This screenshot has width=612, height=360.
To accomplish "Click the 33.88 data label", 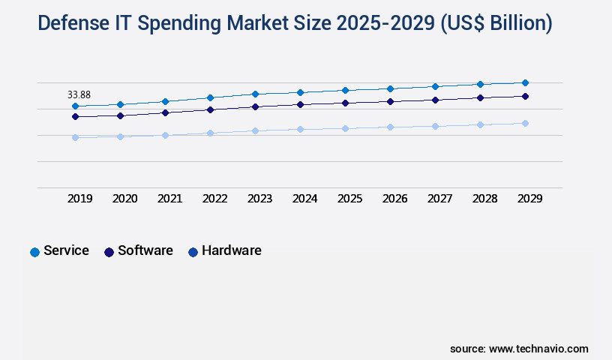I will (79, 94).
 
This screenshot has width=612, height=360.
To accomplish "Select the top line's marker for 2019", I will (75, 106).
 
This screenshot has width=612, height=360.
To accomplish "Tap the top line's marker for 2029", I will (525, 82).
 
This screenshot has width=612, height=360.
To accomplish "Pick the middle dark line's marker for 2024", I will (300, 104).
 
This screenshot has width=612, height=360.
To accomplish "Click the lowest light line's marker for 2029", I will (525, 123).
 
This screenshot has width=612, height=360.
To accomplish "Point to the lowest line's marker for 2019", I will (75, 137).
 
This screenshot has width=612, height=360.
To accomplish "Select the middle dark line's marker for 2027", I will (435, 100).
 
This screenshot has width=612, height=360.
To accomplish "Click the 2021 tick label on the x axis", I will (169, 199).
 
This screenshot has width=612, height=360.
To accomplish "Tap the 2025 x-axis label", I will (349, 199).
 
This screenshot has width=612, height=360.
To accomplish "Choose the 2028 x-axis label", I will (484, 199).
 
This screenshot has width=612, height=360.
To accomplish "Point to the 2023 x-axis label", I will (259, 199).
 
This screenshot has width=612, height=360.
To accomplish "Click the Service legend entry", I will (66, 250).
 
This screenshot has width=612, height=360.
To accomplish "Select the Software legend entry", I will (145, 250).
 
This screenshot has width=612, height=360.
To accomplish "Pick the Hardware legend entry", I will (231, 250).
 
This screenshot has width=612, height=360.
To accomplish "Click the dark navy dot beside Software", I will (109, 252).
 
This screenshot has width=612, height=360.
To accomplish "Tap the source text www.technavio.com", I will (538, 349).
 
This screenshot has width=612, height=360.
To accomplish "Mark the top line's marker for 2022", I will (210, 97).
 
